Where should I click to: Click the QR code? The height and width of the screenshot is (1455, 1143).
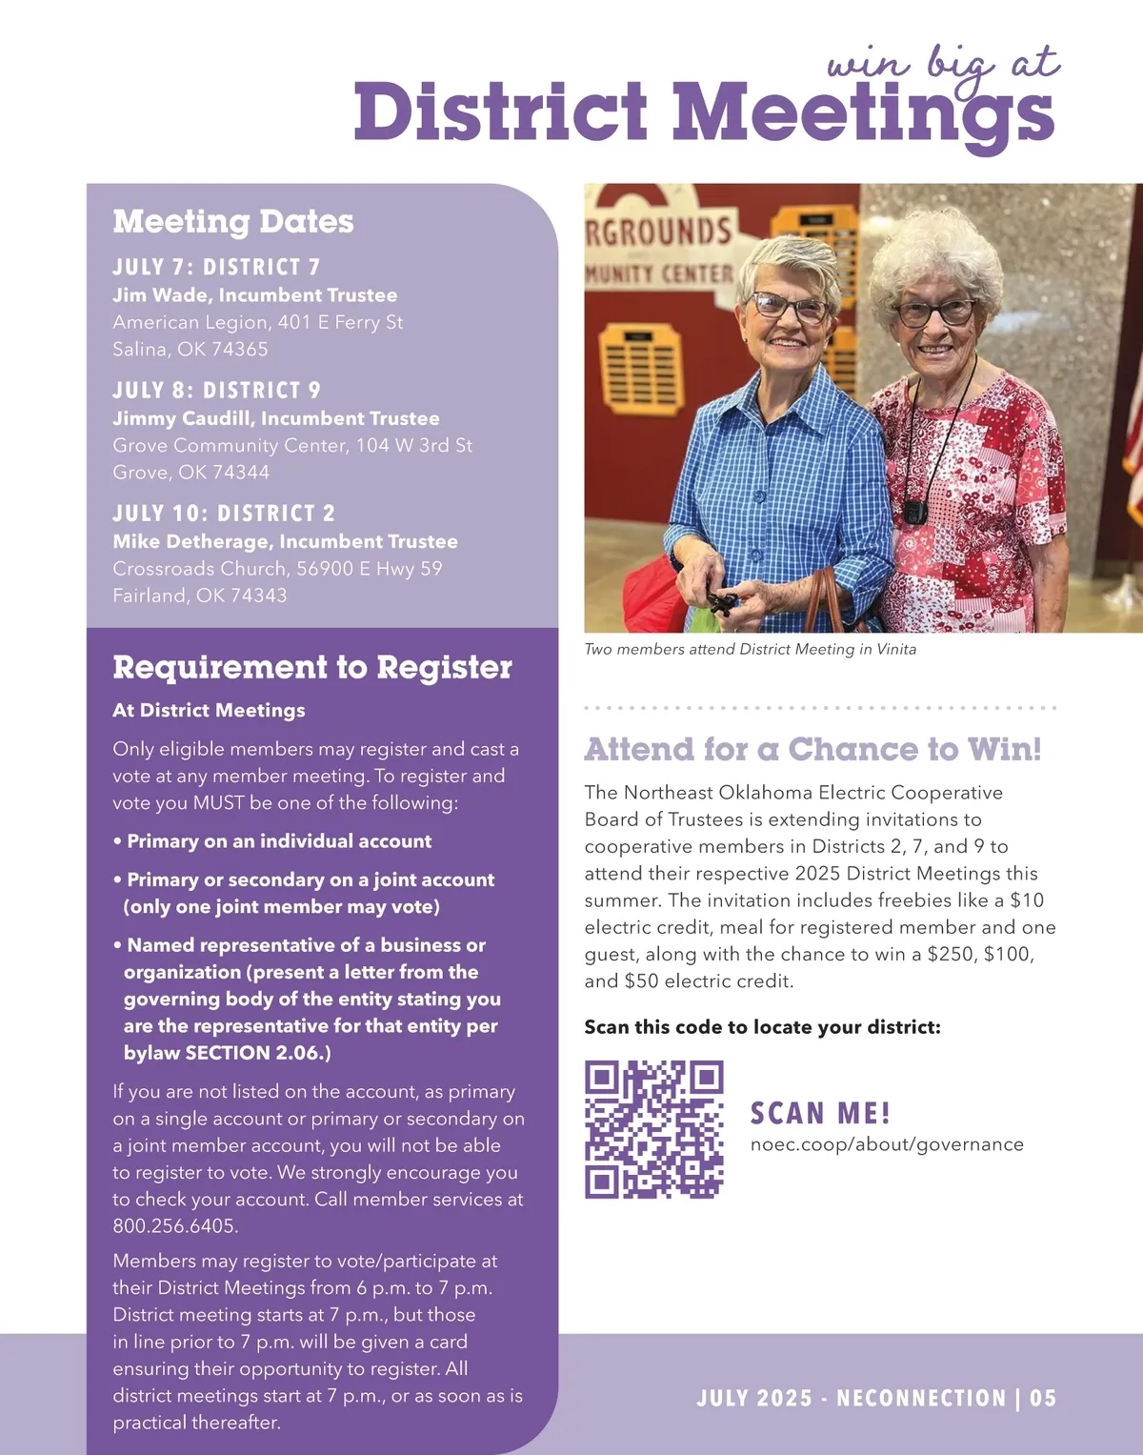pos(653,1129)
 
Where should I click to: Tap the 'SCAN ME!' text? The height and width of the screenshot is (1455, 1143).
pos(820,1113)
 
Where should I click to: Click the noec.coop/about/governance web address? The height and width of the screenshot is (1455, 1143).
pos(887,1144)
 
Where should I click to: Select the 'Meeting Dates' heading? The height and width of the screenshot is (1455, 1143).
pos(233,221)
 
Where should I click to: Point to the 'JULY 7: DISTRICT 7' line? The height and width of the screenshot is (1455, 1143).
pos(216,267)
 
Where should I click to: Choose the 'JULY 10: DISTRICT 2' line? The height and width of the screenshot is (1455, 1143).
pos(224,514)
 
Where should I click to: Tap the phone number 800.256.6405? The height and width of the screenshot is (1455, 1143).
pos(175,1226)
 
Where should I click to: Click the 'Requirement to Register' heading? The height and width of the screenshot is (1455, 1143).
pos(312,667)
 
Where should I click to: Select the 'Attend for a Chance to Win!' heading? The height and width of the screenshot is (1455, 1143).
pos(812,749)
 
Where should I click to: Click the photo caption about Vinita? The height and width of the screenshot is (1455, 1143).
pos(751,649)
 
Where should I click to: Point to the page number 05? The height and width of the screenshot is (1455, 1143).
pos(1043,1398)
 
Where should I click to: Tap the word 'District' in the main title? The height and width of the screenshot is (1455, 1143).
pos(501,112)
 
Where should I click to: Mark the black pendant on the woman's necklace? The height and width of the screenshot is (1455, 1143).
pos(915,513)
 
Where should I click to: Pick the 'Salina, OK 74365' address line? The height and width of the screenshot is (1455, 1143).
pos(190,350)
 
